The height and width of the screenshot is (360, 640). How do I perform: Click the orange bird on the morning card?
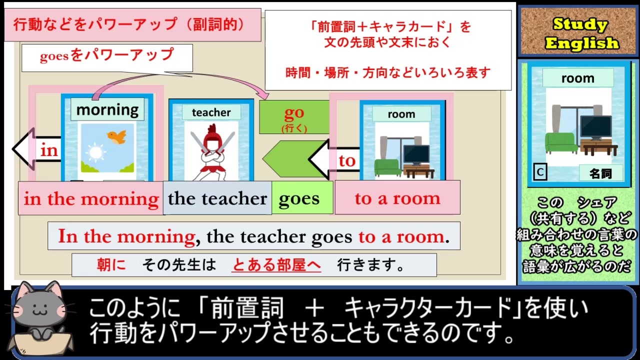[x=117, y=136]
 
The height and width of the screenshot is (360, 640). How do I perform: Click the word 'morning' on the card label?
[x=107, y=109]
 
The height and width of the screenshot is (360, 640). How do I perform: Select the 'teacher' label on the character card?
[x=211, y=112]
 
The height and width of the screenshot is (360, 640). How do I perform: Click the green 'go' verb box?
[x=294, y=117]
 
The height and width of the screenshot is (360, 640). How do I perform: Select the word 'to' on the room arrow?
[x=347, y=161]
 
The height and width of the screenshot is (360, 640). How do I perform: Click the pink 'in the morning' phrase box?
[x=91, y=198]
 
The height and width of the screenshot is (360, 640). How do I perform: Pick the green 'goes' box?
[x=302, y=197]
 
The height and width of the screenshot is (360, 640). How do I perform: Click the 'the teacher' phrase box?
[x=217, y=198]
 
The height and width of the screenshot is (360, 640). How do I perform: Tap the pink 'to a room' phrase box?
[x=397, y=197]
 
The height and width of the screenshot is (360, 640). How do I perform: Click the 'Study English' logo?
[x=578, y=31]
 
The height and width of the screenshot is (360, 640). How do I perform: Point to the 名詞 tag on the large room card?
[x=601, y=173]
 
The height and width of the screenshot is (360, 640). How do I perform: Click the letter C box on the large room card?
[x=540, y=172]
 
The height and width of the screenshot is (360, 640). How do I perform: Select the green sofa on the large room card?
[x=560, y=143]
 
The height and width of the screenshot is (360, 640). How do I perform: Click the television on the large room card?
[x=596, y=127]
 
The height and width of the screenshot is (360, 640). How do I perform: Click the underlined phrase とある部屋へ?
[x=276, y=265]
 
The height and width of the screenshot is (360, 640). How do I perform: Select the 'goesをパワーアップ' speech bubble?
[x=107, y=57]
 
